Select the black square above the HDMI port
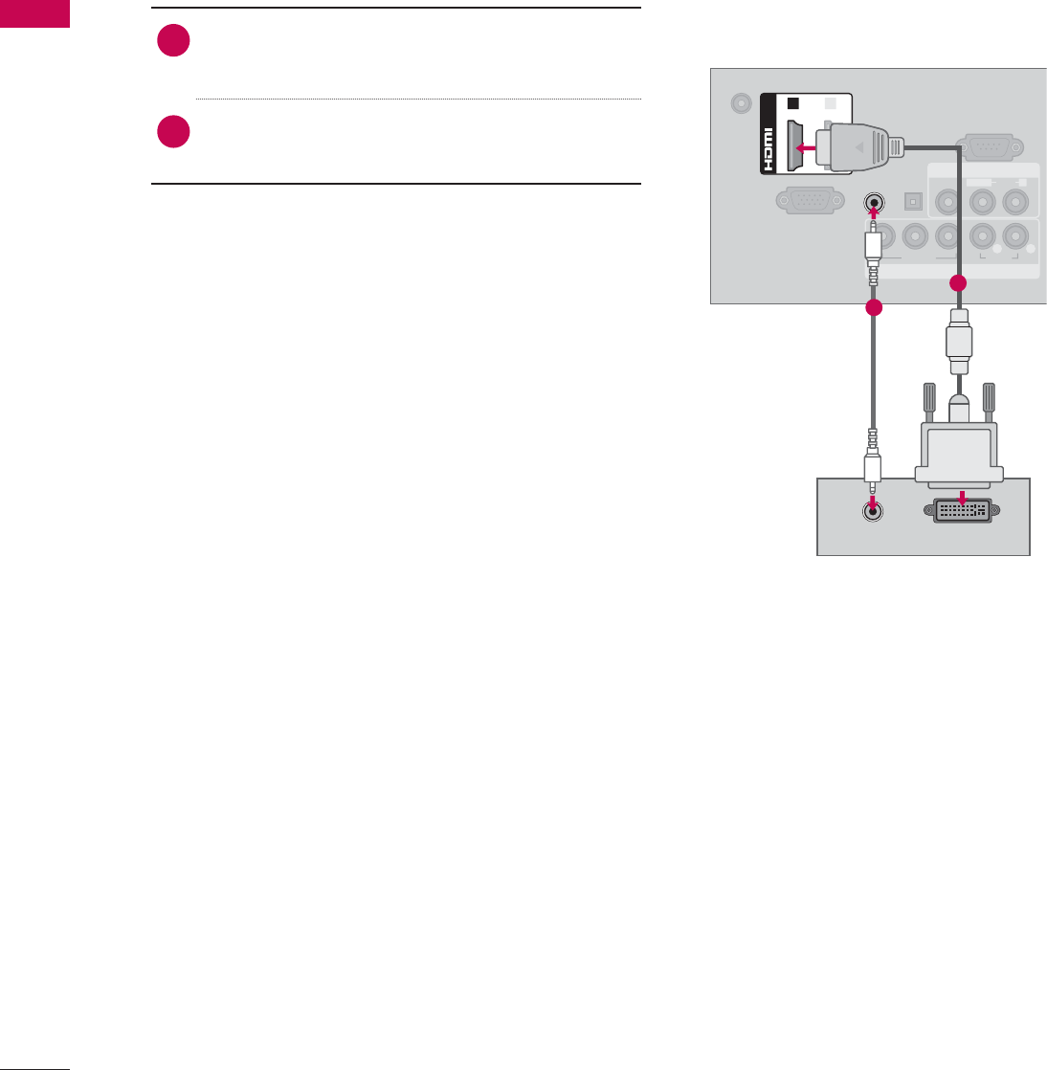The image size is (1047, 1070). click(792, 103)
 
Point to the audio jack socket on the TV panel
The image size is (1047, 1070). click(873, 203)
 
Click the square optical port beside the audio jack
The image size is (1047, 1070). click(912, 202)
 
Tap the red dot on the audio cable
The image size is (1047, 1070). click(872, 309)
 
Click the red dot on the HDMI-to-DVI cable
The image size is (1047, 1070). click(959, 284)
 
